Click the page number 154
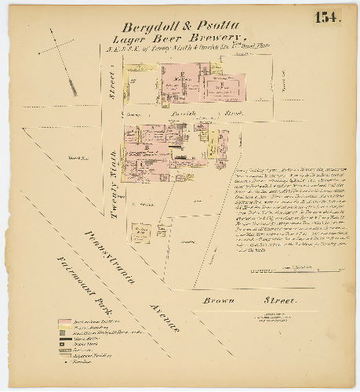point(328,17)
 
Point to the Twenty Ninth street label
point(114,170)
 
